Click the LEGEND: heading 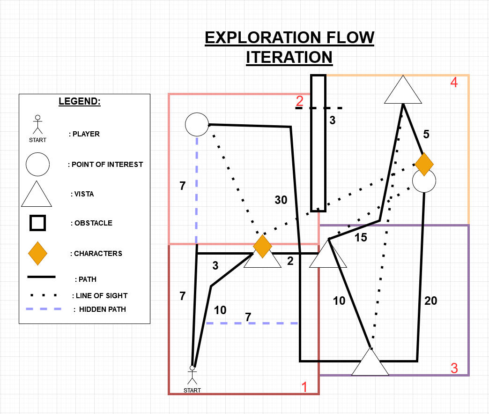[79, 101]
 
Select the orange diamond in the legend [37, 253]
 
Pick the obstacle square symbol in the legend [37, 223]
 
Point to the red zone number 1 [304, 387]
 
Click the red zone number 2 [300, 101]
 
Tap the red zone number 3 [454, 368]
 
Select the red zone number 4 [453, 83]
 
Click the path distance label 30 [281, 200]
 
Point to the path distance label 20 [430, 301]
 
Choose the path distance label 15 [360, 238]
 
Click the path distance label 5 [426, 135]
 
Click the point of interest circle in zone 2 [197, 125]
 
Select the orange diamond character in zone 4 [424, 164]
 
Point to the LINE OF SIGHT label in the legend [100, 296]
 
